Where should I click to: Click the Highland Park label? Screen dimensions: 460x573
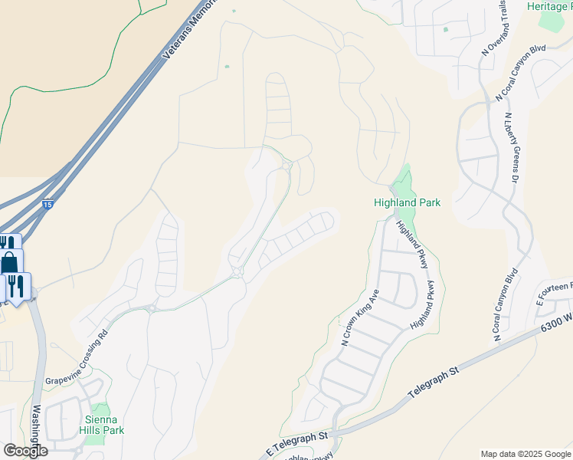(x=406, y=203)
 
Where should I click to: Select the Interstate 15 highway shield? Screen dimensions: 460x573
(x=48, y=205)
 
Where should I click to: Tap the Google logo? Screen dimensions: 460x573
(x=25, y=450)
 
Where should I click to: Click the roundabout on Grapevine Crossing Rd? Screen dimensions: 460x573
(x=237, y=272)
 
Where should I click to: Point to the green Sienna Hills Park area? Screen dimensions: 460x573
(x=100, y=412)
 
